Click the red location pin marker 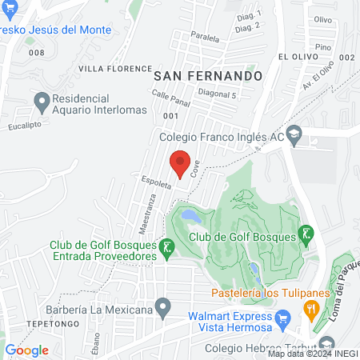(181, 161)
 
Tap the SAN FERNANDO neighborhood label (208, 75)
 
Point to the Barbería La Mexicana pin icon (163, 306)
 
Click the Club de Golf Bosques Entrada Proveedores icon (166, 249)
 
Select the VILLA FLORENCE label (115, 69)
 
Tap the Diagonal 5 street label (216, 94)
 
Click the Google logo (27, 350)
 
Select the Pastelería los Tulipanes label (271, 293)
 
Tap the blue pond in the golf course (190, 215)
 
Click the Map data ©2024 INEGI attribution (313, 354)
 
